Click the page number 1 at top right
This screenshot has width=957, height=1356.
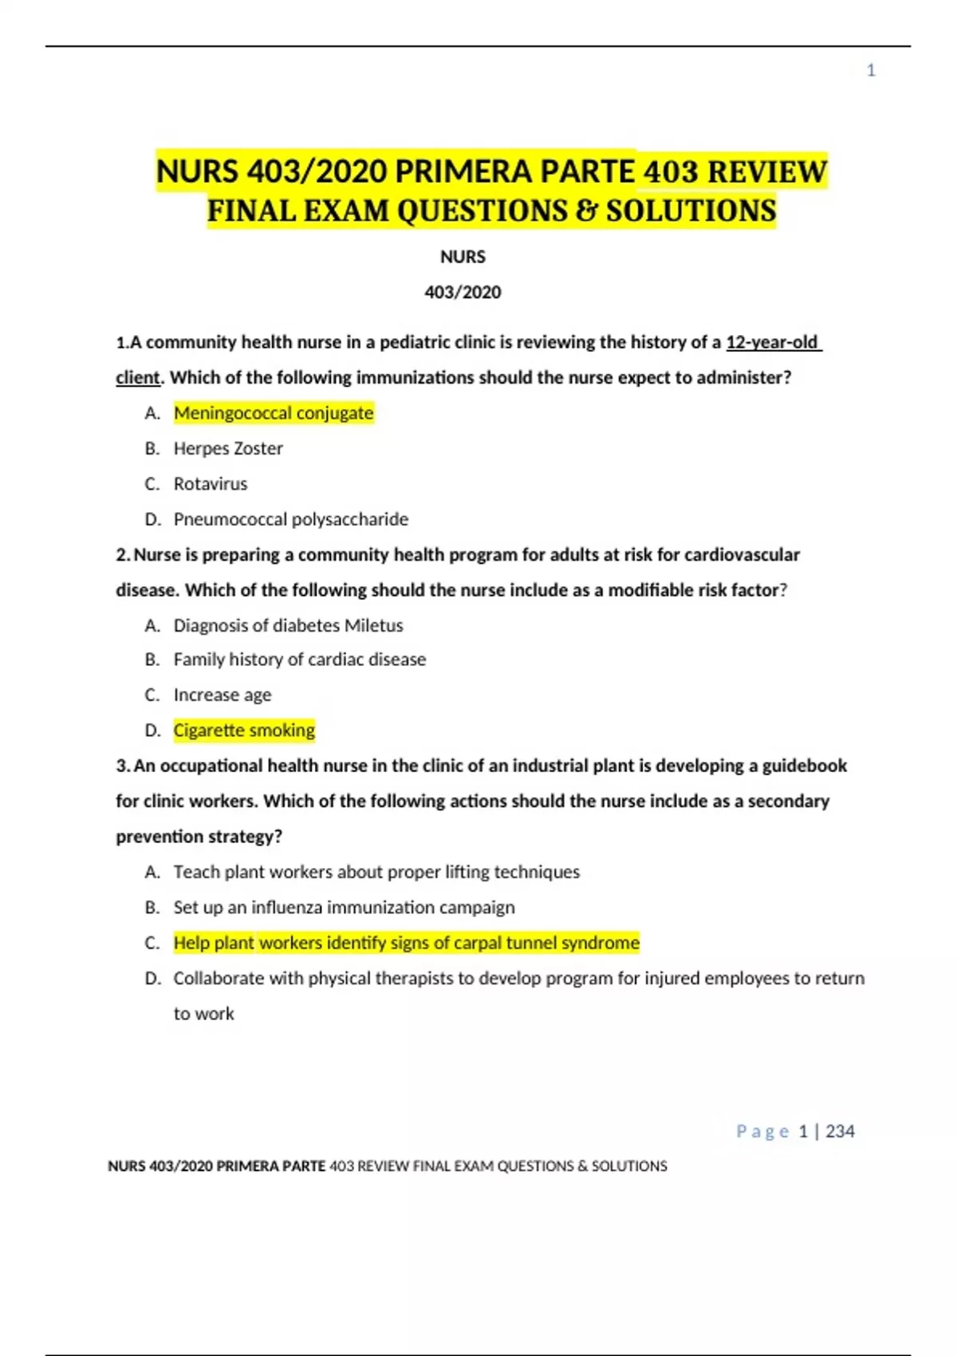[871, 71]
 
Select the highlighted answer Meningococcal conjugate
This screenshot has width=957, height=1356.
[274, 413]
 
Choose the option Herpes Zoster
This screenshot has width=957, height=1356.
[228, 448]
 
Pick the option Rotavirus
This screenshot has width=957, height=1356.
[211, 483]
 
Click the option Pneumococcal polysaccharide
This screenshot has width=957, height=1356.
[291, 519]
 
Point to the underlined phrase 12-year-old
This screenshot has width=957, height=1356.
[772, 342]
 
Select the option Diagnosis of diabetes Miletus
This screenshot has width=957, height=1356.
[288, 625]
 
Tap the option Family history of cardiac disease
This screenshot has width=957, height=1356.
[300, 660]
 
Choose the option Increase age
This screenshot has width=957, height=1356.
[223, 695]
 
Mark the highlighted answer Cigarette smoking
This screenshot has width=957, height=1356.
[244, 730]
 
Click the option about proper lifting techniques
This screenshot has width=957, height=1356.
[376, 872]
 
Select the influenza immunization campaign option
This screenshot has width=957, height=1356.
[344, 908]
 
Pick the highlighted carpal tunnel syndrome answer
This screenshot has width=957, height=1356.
[406, 943]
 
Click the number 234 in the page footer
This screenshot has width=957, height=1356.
[840, 1131]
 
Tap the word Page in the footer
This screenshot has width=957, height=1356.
[762, 1131]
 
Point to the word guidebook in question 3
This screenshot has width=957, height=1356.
[804, 766]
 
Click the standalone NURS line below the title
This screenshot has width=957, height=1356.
[463, 257]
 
